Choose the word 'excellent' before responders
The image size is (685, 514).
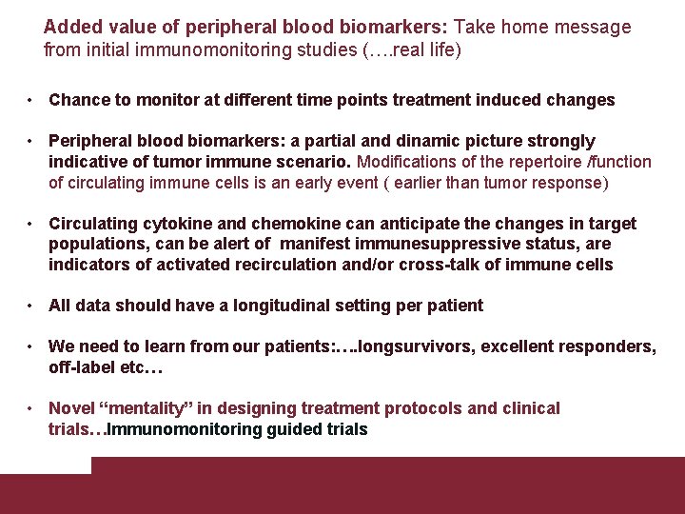coord(521,346)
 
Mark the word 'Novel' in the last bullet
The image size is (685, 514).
coord(71,408)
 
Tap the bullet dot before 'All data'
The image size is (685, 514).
coord(31,306)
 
